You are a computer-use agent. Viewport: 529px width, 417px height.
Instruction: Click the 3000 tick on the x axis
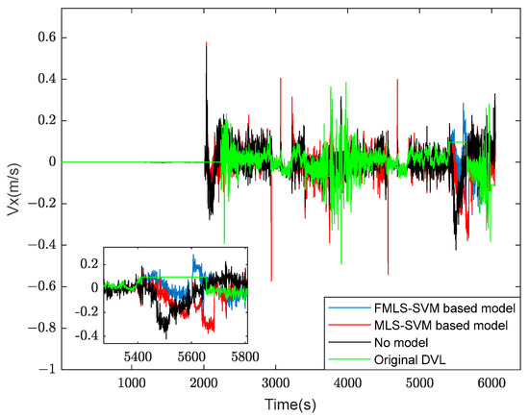click(x=275, y=381)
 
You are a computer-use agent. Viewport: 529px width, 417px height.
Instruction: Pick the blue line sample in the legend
click(x=344, y=308)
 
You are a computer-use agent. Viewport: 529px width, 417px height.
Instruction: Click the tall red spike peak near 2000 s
click(x=206, y=43)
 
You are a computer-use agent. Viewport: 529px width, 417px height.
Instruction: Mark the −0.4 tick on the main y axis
click(x=42, y=244)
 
